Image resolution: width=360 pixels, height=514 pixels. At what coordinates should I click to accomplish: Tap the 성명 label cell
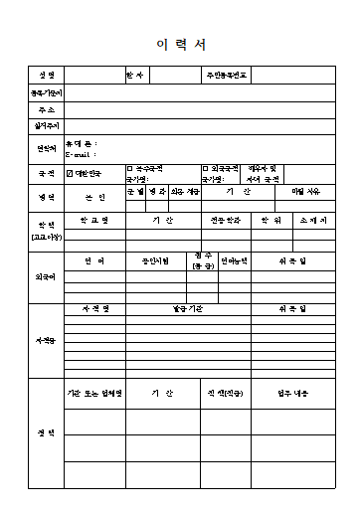click(46, 76)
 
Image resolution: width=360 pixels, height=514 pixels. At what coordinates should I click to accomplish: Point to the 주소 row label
click(46, 109)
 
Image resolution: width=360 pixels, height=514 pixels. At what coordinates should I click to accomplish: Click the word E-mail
click(80, 155)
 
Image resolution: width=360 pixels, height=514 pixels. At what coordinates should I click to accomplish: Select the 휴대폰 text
click(80, 144)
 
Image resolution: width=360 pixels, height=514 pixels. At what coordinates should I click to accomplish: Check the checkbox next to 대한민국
click(70, 174)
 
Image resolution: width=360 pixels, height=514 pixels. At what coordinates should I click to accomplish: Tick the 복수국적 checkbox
click(129, 169)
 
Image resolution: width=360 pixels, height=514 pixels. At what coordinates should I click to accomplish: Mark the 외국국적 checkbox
click(205, 169)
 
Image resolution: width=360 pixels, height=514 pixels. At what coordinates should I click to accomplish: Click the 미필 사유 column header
click(305, 191)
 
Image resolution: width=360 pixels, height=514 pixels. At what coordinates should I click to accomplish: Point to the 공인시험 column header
click(155, 260)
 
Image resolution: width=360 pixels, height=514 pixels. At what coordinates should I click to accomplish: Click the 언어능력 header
click(234, 260)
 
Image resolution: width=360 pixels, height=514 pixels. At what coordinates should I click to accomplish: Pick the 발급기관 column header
click(187, 309)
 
